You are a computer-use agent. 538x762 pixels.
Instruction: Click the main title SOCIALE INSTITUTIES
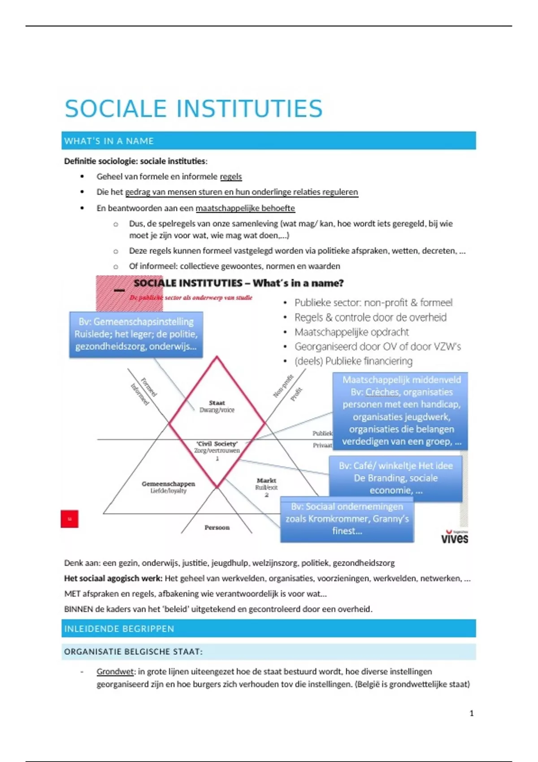[193, 109]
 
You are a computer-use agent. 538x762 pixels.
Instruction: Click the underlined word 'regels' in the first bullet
[231, 177]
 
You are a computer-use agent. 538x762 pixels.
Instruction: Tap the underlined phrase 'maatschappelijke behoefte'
[245, 208]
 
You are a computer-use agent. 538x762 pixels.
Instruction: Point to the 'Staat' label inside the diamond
[217, 403]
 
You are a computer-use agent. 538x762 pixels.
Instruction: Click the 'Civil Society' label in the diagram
[217, 444]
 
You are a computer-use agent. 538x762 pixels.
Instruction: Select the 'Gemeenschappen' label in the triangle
[168, 484]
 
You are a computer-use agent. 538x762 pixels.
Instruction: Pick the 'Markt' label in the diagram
[266, 481]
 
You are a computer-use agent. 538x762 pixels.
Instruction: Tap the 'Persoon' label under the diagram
[217, 528]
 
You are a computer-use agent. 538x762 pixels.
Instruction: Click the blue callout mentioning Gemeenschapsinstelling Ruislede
[136, 334]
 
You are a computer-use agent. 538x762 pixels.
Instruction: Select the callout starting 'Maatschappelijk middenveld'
[400, 411]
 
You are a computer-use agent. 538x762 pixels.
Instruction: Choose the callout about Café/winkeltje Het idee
[395, 478]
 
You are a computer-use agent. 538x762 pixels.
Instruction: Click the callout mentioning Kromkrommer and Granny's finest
[347, 519]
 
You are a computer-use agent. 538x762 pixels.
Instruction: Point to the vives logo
[454, 537]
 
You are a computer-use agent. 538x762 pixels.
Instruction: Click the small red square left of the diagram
[69, 519]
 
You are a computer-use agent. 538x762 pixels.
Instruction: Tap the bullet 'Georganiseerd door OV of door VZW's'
[377, 346]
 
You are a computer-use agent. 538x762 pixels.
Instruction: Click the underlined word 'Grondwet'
[115, 671]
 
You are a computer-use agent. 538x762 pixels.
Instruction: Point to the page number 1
[471, 713]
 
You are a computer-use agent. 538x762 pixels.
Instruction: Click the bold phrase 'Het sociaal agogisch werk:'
[113, 578]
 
